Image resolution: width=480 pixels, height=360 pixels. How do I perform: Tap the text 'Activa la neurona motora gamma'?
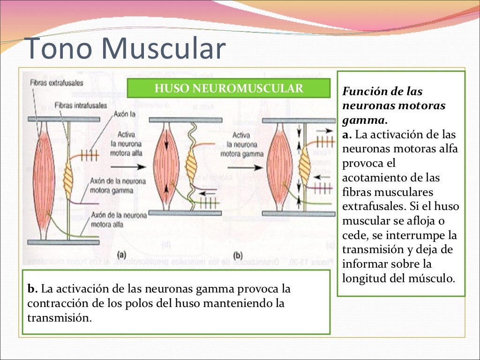241,144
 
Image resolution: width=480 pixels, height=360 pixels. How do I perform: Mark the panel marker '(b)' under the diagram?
238,255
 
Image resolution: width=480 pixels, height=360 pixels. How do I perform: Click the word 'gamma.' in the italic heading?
357,120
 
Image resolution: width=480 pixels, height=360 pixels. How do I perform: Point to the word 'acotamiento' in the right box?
368,178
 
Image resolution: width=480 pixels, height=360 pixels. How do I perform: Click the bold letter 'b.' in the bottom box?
32,287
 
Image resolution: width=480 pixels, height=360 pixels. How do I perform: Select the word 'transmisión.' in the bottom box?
59,317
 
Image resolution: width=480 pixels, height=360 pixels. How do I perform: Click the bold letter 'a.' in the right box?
347,135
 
